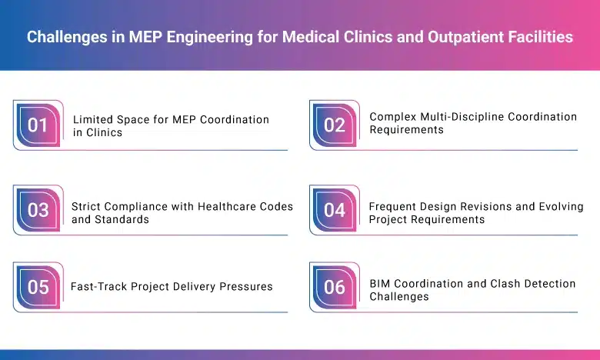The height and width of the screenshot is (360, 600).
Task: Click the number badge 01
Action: point(38,125)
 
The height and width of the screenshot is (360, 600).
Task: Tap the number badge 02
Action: point(334,125)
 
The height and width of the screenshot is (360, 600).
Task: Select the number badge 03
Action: point(38,210)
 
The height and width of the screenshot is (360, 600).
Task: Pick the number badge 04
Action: point(334,210)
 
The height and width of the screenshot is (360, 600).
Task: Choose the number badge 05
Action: point(38,288)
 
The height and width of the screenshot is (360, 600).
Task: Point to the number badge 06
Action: point(334,288)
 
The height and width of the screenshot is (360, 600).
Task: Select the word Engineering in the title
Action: point(201,37)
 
